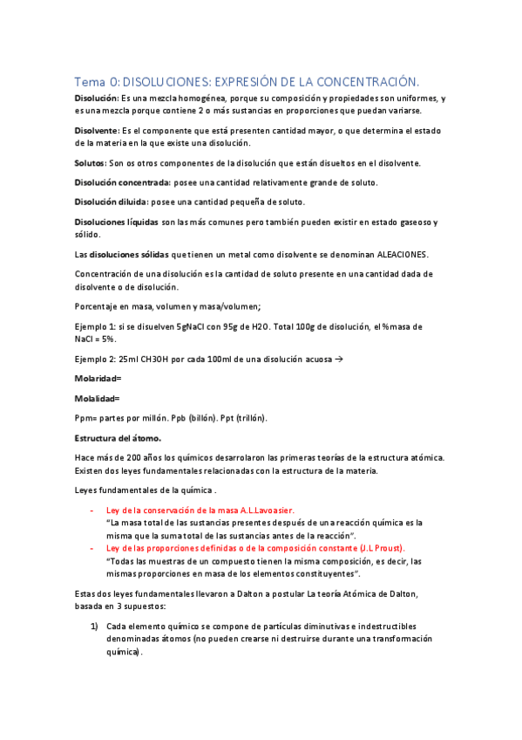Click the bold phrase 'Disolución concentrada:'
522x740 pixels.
pos(122,182)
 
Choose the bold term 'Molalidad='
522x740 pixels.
pos(98,398)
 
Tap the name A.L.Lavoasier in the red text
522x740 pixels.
pos(261,509)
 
